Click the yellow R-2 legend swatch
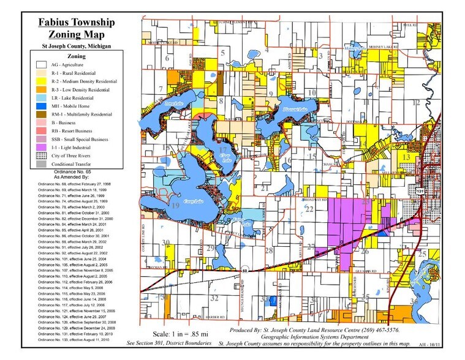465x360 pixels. coord(42,80)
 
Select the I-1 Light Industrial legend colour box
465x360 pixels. coord(42,148)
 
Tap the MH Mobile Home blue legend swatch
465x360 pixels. coord(42,106)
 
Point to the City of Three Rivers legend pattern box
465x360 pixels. coord(42,156)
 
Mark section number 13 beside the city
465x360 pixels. coord(406,157)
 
